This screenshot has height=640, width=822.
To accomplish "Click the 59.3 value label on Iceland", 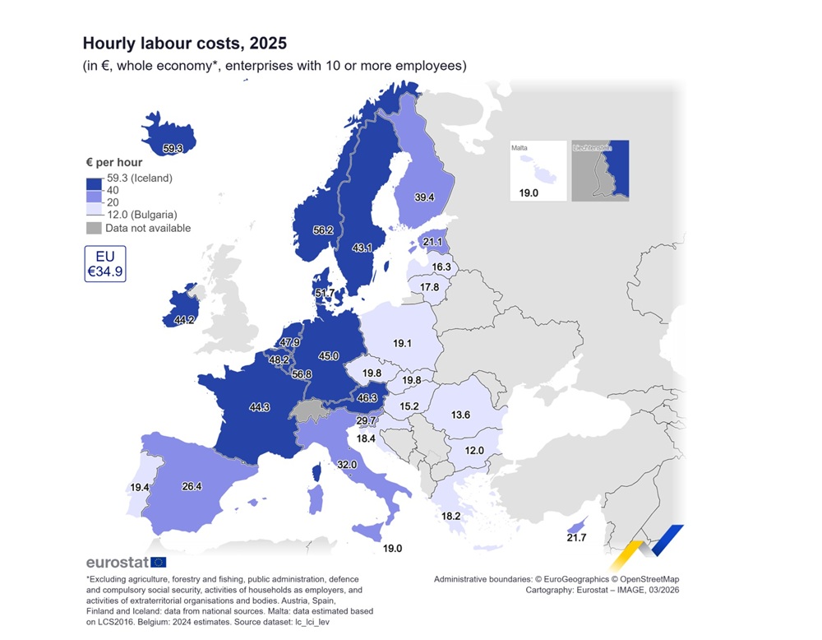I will pyautogui.click(x=173, y=149).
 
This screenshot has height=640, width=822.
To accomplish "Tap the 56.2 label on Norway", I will pyautogui.click(x=323, y=230).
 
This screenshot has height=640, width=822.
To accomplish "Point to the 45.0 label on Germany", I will pyautogui.click(x=329, y=356).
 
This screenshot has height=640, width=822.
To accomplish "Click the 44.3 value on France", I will pyautogui.click(x=259, y=406).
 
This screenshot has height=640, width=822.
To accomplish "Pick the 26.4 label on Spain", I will pyautogui.click(x=192, y=486).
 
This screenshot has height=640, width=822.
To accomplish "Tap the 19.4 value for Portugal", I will pyautogui.click(x=140, y=488).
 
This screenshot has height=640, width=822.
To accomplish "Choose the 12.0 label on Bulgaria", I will pyautogui.click(x=474, y=451).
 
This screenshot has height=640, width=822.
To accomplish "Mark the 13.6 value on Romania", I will pyautogui.click(x=460, y=415).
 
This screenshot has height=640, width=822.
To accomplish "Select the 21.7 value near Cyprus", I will pyautogui.click(x=577, y=537).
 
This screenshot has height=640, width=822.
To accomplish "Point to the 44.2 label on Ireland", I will pyautogui.click(x=183, y=320).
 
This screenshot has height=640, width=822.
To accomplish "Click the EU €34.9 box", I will pyautogui.click(x=104, y=263).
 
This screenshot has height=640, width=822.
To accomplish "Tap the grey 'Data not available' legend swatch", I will pyautogui.click(x=93, y=228).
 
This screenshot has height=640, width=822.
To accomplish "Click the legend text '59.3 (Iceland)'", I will pyautogui.click(x=138, y=179).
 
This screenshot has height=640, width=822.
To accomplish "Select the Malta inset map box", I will pyautogui.click(x=538, y=170).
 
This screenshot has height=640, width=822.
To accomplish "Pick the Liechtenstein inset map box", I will pyautogui.click(x=600, y=170).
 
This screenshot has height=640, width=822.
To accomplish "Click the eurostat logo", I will pyautogui.click(x=126, y=563).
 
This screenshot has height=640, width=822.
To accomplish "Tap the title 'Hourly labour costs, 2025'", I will pyautogui.click(x=184, y=42).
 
